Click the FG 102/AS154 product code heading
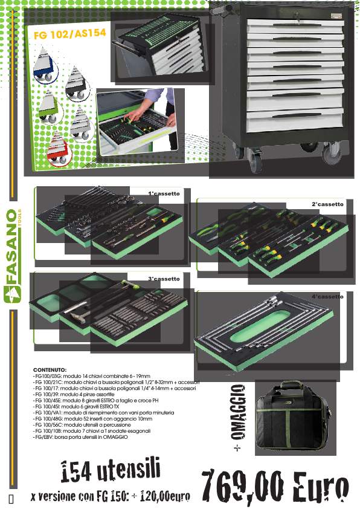(x=69, y=33)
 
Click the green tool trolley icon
(x=49, y=107)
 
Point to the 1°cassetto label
(x=164, y=193)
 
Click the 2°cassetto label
(x=327, y=204)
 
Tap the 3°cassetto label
(x=164, y=279)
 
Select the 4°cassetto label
(x=327, y=296)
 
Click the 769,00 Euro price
(x=275, y=486)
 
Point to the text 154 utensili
(x=111, y=470)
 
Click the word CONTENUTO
(x=50, y=370)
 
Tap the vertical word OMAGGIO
(x=239, y=412)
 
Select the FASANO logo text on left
(x=11, y=246)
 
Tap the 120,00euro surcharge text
(x=165, y=496)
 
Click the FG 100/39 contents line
(x=74, y=394)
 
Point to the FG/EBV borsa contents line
(x=80, y=437)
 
